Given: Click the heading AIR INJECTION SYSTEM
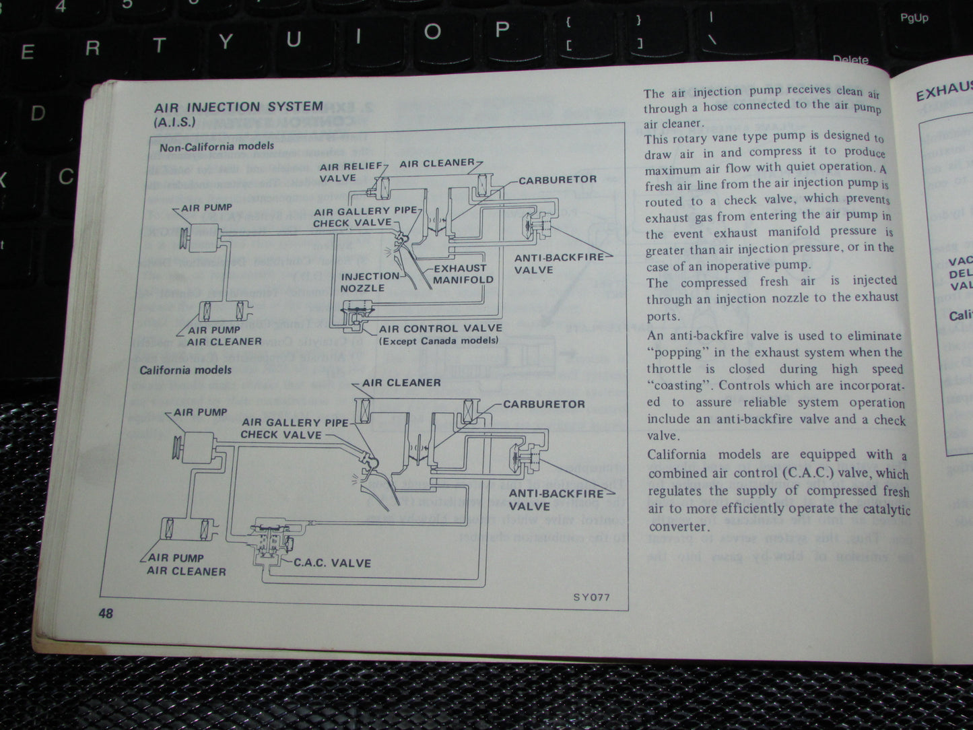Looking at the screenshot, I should point(238,107).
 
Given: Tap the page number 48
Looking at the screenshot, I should point(106,613).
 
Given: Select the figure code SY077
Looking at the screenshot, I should point(591,597).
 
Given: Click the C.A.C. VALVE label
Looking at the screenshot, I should point(332,563).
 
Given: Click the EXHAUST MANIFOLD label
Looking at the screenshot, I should point(463,273).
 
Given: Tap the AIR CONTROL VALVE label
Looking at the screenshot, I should point(440,329).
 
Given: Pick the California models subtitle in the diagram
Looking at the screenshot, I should point(185,370).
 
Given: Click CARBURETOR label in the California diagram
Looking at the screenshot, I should point(544,404).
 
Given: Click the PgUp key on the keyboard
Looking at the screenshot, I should point(914,18).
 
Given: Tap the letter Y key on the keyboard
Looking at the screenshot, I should point(226,42).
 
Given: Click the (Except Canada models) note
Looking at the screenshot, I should point(438,341).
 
